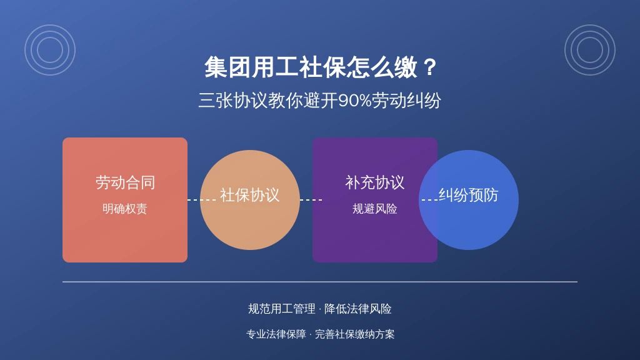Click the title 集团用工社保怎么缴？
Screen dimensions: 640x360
[321, 67]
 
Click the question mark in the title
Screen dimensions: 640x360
[429, 67]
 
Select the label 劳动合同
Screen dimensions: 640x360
[125, 182]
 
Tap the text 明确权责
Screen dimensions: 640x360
[124, 209]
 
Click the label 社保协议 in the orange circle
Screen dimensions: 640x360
[250, 195]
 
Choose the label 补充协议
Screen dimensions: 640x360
[375, 182]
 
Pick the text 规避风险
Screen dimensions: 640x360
[375, 209]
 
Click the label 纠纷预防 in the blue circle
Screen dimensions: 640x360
[469, 195]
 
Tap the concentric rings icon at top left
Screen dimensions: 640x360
[50, 25]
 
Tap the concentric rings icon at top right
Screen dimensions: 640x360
[590, 25]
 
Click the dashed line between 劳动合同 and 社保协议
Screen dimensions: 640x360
[202, 200]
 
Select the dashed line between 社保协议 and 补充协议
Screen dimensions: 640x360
[311, 200]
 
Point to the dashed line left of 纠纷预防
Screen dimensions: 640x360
[430, 200]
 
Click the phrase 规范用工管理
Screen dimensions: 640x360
[282, 309]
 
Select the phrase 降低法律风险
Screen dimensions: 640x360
[358, 309]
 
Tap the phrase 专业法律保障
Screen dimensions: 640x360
[276, 334]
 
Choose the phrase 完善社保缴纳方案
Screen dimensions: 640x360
[355, 334]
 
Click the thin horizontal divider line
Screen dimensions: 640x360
[320, 282]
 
